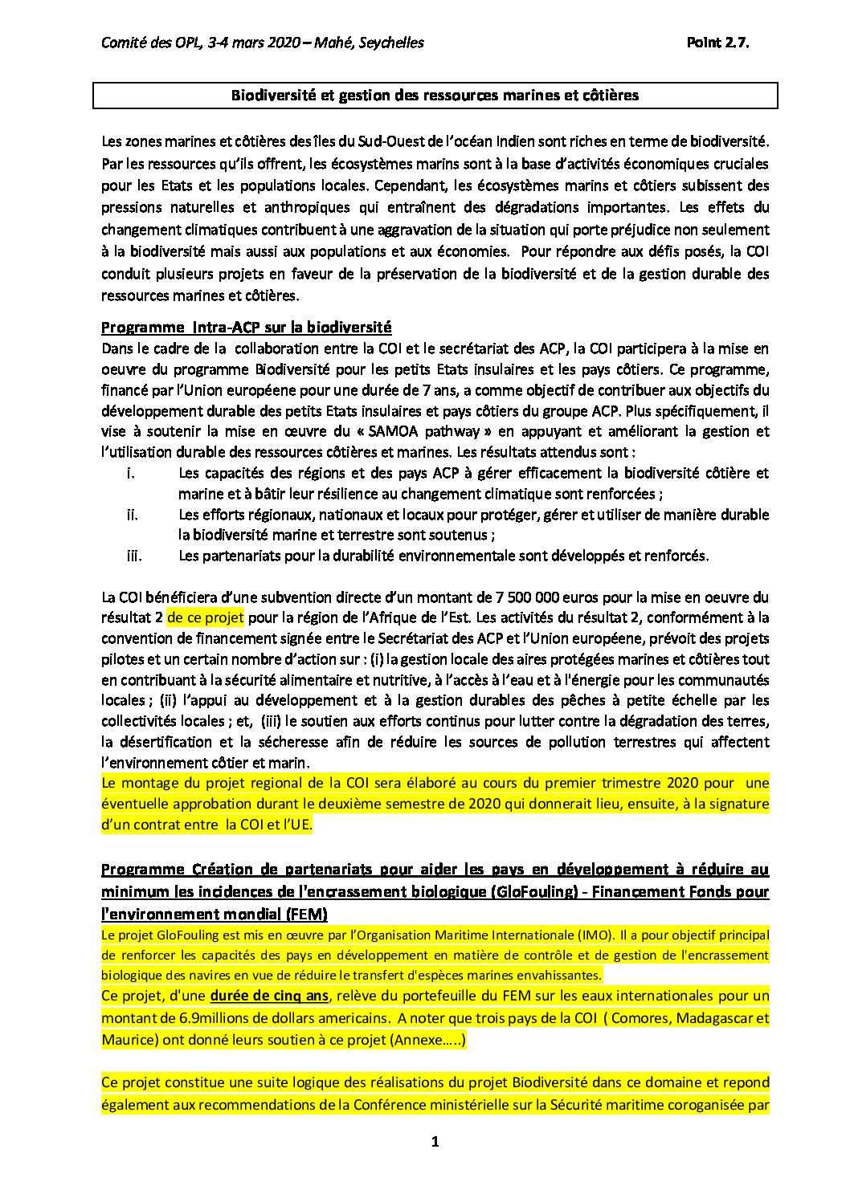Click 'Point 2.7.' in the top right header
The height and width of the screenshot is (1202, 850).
coord(717,43)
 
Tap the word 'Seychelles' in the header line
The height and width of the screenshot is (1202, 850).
coord(393,43)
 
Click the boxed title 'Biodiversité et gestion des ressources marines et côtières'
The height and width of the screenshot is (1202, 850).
coord(435,96)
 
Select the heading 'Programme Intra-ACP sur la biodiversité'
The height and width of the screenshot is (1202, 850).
coord(246,328)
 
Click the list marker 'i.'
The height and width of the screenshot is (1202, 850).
coord(130,473)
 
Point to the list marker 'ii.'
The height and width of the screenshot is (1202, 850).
coord(132,515)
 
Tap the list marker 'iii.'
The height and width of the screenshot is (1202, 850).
coord(133,556)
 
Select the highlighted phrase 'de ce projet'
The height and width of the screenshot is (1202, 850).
coord(206,618)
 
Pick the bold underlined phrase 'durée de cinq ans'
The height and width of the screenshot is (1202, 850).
coord(269,996)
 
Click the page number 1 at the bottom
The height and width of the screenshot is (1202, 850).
coord(435,1142)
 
